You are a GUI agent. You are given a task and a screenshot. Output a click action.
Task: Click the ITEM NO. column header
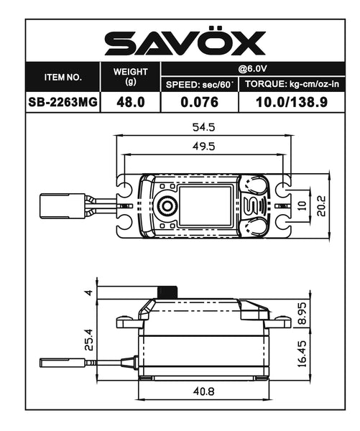pos(63,76)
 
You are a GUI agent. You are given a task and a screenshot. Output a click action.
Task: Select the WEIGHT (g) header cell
pos(130,76)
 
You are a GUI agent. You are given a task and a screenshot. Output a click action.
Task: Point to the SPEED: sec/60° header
pos(200,85)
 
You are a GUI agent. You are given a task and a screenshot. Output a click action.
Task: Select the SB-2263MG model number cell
pos(63,102)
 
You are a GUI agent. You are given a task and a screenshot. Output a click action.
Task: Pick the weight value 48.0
pos(130,102)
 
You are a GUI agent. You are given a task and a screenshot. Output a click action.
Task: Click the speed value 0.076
pos(200,102)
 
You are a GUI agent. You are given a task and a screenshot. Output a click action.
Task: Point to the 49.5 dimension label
pos(204,147)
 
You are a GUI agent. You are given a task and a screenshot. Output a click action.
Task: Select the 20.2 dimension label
pos(323,206)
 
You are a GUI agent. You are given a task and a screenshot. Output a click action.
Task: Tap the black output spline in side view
pos(167,292)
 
